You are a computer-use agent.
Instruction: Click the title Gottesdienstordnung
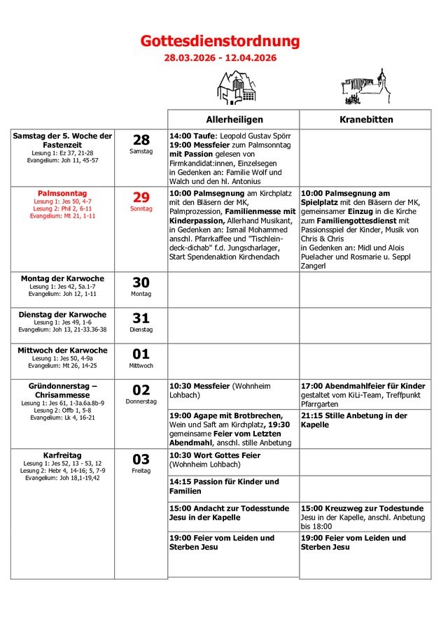[220, 41]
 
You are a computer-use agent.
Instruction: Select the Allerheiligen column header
[234, 120]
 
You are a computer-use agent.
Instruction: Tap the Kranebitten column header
[365, 120]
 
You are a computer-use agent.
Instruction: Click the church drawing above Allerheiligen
[232, 89]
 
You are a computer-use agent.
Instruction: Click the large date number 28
[141, 140]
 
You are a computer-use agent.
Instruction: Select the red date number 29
[141, 197]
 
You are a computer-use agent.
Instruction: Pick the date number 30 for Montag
[141, 283]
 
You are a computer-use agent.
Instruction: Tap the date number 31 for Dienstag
[141, 318]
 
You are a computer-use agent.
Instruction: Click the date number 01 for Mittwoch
[141, 354]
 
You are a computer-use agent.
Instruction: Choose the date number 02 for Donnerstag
[141, 390]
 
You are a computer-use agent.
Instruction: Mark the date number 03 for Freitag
[141, 459]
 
